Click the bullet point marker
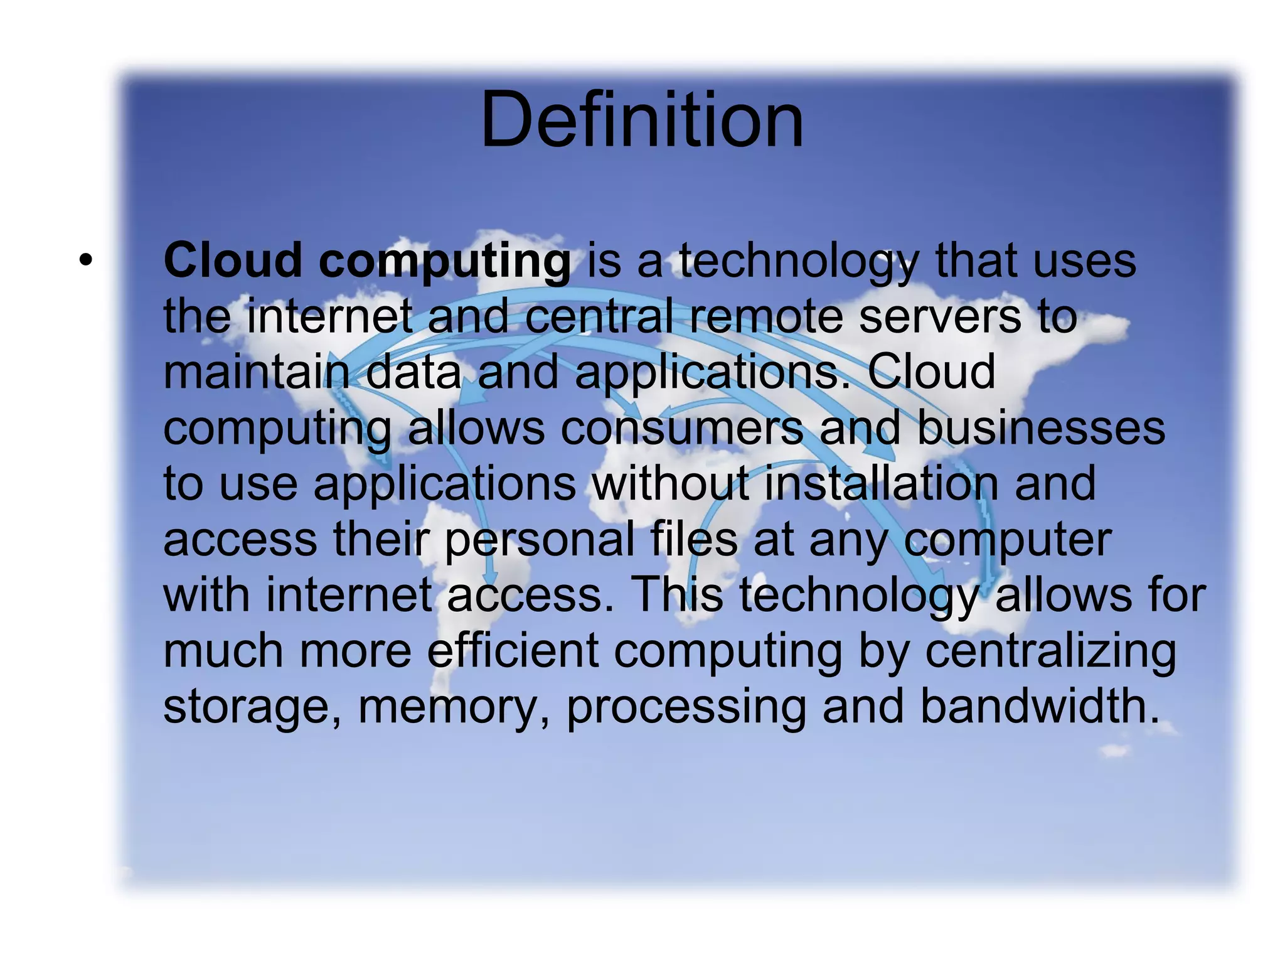[x=86, y=259]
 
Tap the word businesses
[x=1041, y=428]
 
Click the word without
[x=671, y=483]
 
